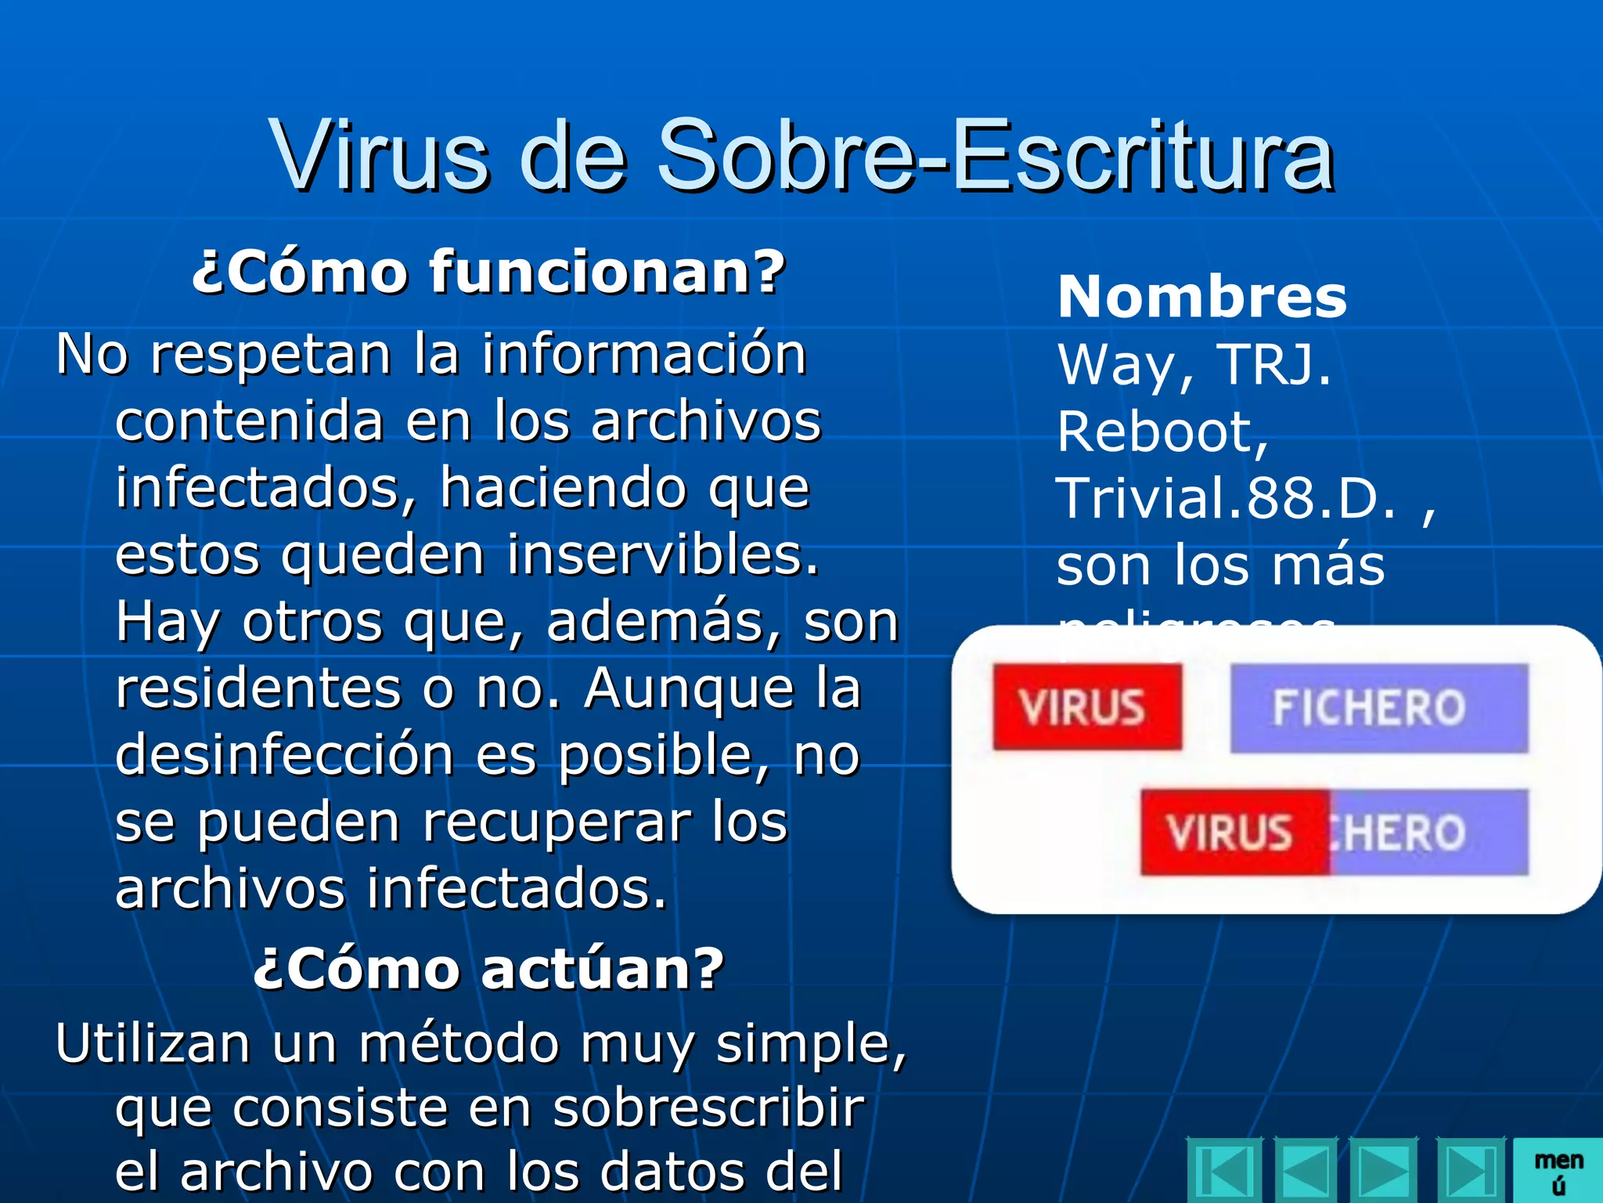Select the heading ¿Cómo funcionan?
click(x=488, y=272)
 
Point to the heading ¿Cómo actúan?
click(x=488, y=969)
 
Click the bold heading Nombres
click(x=1202, y=298)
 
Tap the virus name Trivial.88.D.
click(x=1226, y=498)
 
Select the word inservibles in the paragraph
click(x=662, y=555)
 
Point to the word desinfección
click(x=285, y=755)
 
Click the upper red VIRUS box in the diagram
click(x=1086, y=707)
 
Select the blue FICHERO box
click(x=1378, y=708)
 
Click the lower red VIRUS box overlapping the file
click(x=1234, y=832)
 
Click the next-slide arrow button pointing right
click(x=1385, y=1172)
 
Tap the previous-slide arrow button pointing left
click(x=1306, y=1172)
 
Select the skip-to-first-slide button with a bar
click(x=1224, y=1172)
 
